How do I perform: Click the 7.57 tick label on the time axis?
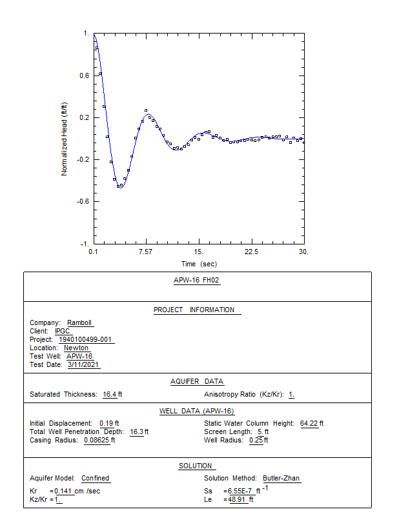pyautogui.click(x=145, y=252)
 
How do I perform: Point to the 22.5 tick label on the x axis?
pyautogui.click(x=251, y=252)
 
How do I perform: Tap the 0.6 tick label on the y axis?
pyautogui.click(x=85, y=75)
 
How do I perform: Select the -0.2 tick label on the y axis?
pyautogui.click(x=83, y=159)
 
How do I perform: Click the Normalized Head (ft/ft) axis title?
pyautogui.click(x=65, y=139)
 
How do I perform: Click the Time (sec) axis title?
pyautogui.click(x=199, y=264)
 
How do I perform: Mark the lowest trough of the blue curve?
pyautogui.click(x=120, y=188)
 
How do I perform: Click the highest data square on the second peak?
pyautogui.click(x=146, y=110)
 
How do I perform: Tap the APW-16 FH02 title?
pyautogui.click(x=196, y=280)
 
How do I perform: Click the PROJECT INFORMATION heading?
pyautogui.click(x=194, y=310)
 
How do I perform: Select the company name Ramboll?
pyautogui.click(x=79, y=322)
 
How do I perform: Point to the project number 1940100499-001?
pyautogui.click(x=85, y=339)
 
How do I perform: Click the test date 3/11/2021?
pyautogui.click(x=83, y=364)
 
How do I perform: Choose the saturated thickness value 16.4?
pyautogui.click(x=110, y=394)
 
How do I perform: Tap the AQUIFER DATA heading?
pyautogui.click(x=197, y=381)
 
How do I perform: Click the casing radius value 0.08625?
pyautogui.click(x=97, y=440)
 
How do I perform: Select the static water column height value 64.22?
pyautogui.click(x=309, y=423)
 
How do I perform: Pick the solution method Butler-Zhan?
pyautogui.click(x=281, y=478)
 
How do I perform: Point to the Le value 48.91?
pyautogui.click(x=237, y=499)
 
